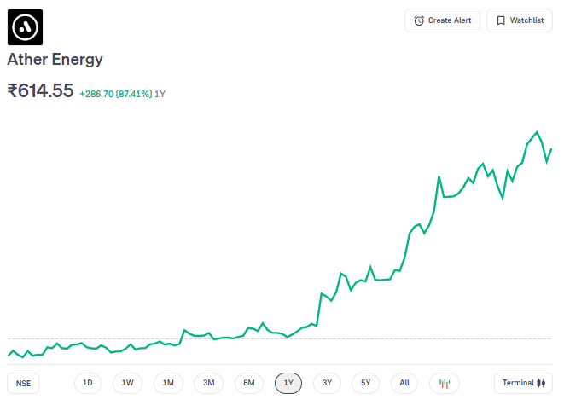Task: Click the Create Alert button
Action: [x=442, y=20]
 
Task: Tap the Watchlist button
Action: [x=519, y=20]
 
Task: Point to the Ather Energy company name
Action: [x=55, y=60]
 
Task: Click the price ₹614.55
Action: [x=40, y=91]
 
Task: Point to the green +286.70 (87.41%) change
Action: [x=115, y=93]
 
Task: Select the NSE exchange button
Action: [x=23, y=383]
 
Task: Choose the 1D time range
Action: [x=87, y=383]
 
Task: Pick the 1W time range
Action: [x=127, y=383]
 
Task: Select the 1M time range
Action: [x=168, y=383]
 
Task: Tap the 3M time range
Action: [x=208, y=383]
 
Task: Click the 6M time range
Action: [x=248, y=383]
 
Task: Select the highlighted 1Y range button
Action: [x=288, y=383]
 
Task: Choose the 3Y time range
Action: [x=327, y=383]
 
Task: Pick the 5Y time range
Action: [x=365, y=383]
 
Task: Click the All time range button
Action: [x=404, y=383]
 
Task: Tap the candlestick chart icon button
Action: [x=444, y=383]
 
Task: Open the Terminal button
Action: [x=523, y=383]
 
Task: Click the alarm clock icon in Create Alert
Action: [x=419, y=20]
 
